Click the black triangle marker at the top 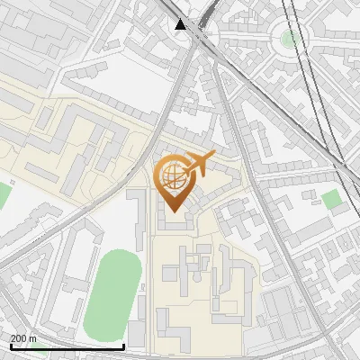(x=181, y=24)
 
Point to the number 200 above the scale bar (x=19, y=338)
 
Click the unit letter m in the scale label (x=33, y=338)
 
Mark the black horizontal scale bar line (x=67, y=346)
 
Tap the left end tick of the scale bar (x=11, y=345)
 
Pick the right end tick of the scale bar (x=123, y=345)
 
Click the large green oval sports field (x=112, y=291)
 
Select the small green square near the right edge (x=332, y=199)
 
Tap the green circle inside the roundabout (x=290, y=39)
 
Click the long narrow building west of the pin (x=139, y=220)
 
